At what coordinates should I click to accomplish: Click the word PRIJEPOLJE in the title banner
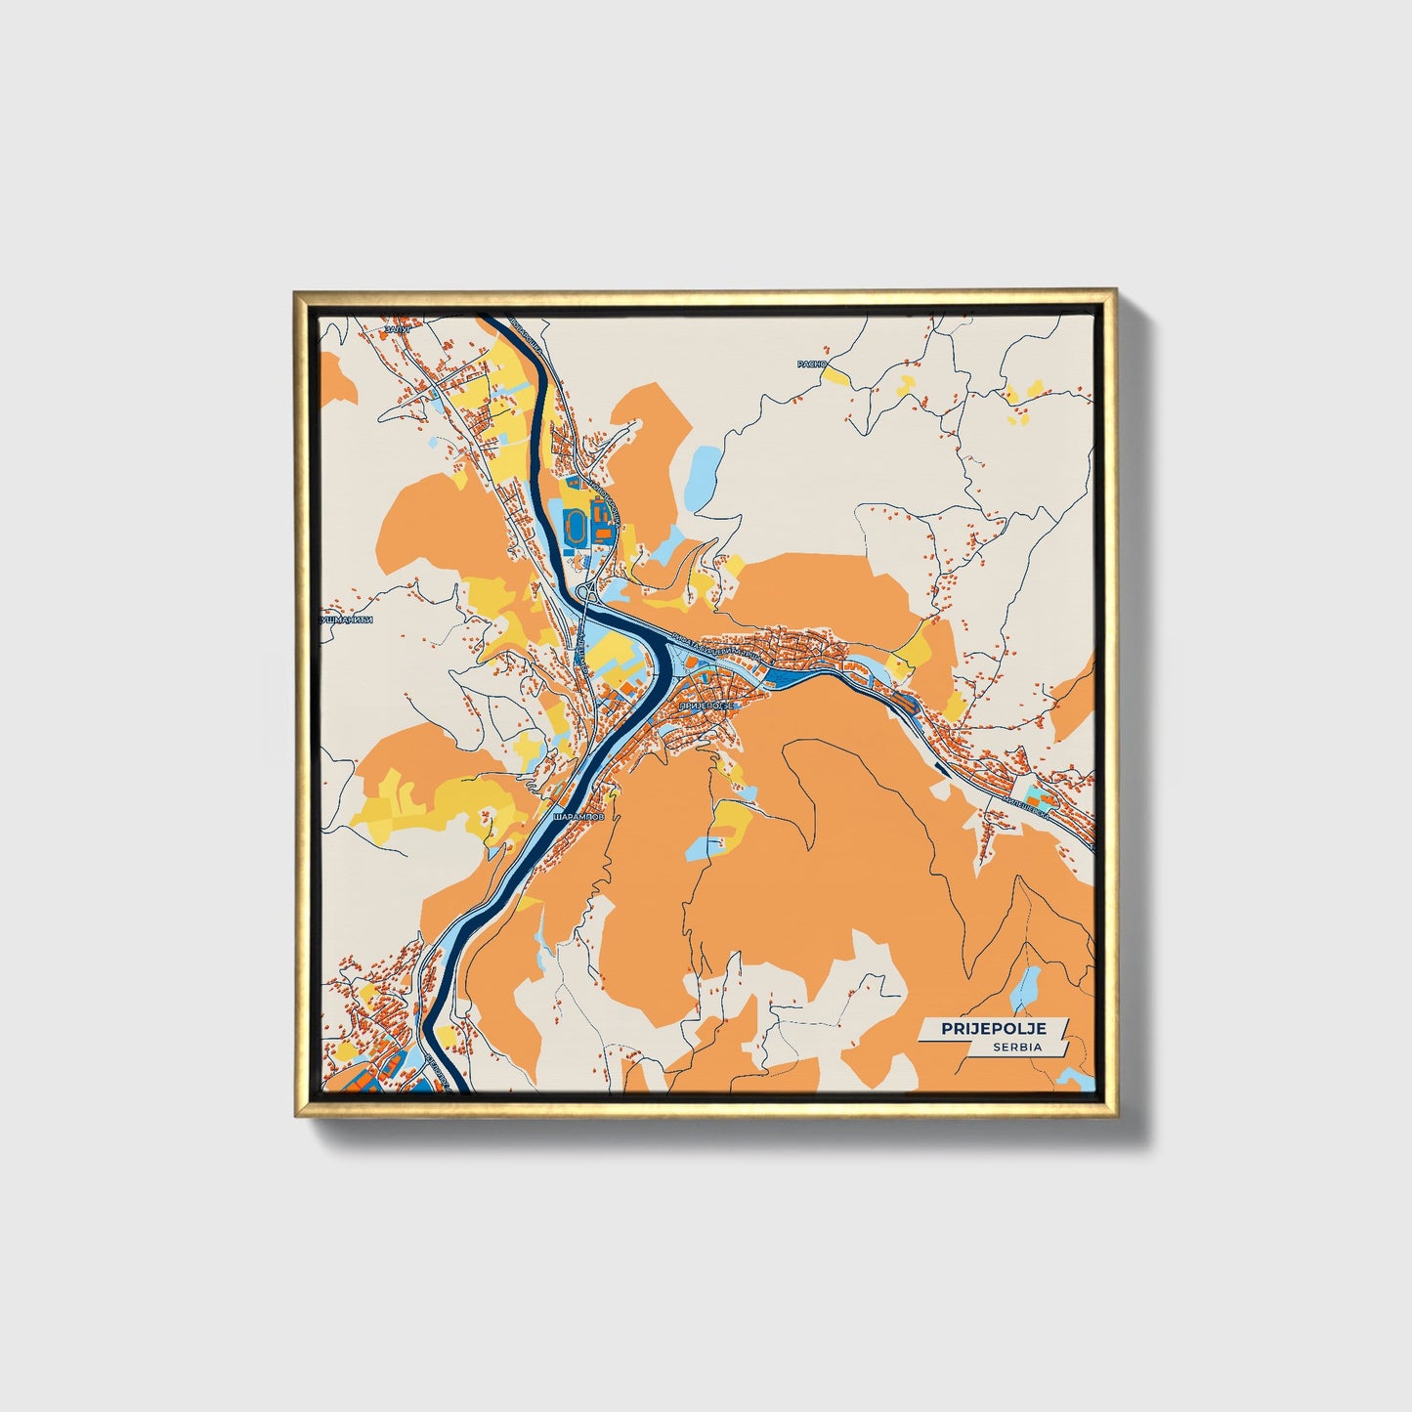pyautogui.click(x=994, y=1028)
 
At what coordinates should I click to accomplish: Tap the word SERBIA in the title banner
pyautogui.click(x=1017, y=1047)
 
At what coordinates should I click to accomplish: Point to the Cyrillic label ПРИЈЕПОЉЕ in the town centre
pyautogui.click(x=705, y=704)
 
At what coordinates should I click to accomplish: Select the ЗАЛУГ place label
pyautogui.click(x=398, y=330)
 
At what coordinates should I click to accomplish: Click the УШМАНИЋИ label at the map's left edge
pyautogui.click(x=348, y=620)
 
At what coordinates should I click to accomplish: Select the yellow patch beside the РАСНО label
pyautogui.click(x=837, y=375)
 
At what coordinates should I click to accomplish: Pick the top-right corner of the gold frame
pyautogui.click(x=1114, y=291)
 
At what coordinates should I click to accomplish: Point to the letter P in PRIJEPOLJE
pyautogui.click(x=947, y=1028)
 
